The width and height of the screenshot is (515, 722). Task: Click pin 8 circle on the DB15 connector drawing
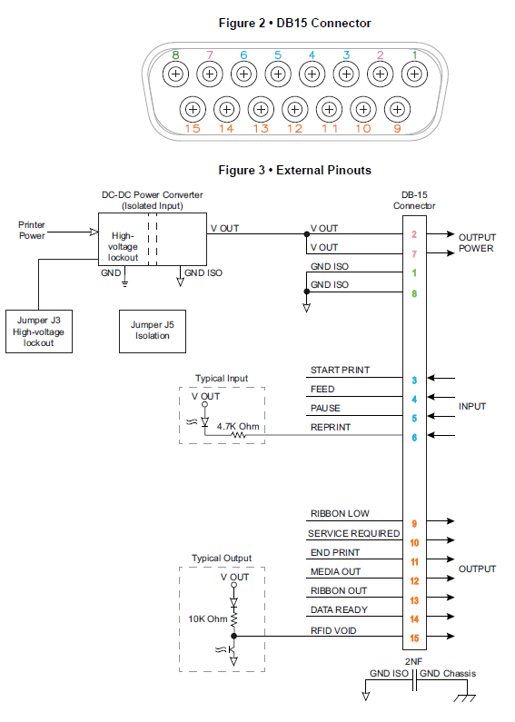tap(175, 74)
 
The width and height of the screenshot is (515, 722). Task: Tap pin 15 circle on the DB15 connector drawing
tap(193, 110)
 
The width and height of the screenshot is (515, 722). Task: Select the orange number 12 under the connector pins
tap(295, 129)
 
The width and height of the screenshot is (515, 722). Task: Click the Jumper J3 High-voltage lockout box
tap(39, 331)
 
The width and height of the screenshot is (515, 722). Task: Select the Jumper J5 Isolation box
tap(153, 331)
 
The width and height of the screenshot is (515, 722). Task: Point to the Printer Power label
tap(32, 231)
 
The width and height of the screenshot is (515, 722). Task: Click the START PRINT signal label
tap(340, 371)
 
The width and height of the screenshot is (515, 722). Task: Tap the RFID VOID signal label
tap(333, 631)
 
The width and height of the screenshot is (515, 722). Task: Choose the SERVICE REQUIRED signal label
tap(353, 534)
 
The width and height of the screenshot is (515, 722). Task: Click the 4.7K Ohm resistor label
tap(238, 426)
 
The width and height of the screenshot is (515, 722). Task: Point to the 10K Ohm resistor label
tap(208, 618)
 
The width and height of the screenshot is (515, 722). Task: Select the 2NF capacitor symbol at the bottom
tap(414, 680)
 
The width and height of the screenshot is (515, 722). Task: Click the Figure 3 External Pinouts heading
tap(295, 171)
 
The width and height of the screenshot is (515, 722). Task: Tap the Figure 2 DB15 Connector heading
tap(295, 23)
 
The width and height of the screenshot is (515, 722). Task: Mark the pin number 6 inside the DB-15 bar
tap(414, 438)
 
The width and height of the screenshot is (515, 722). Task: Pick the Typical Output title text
tap(222, 559)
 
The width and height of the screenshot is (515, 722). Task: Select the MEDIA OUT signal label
tap(335, 572)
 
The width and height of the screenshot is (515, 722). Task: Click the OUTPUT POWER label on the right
tap(477, 242)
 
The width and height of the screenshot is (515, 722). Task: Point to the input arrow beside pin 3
tap(441, 378)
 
